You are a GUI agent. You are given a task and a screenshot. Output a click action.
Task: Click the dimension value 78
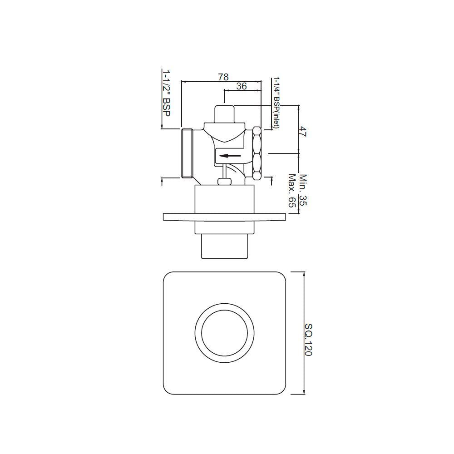pos(223,77)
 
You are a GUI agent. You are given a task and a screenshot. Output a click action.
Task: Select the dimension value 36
pos(242,86)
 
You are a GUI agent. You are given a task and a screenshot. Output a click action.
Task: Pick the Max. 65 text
pos(291,191)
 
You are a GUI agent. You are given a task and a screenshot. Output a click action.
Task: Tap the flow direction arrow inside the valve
pos(229,156)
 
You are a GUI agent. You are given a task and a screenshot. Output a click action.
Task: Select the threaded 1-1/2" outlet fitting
pos(187,153)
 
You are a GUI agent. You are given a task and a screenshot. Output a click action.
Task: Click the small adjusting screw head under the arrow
pos(225,182)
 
